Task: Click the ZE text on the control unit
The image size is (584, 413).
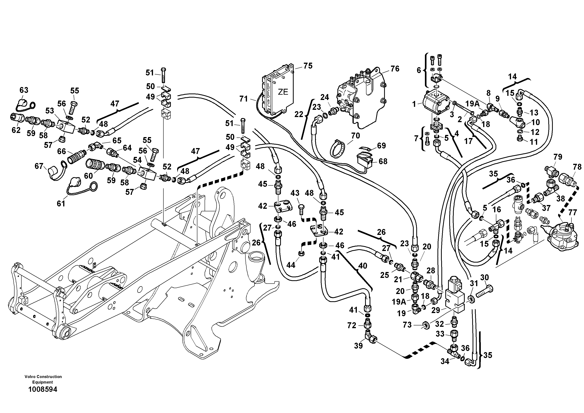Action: [283, 92]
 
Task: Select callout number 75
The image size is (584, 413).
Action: [308, 66]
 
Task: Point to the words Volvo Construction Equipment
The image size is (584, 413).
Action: [43, 379]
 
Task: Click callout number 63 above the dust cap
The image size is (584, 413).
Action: [24, 90]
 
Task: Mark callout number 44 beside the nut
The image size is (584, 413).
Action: [291, 265]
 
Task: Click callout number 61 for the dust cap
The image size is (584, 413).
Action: [61, 204]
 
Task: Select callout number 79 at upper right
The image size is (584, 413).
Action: [558, 157]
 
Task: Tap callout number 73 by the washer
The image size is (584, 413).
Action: [407, 325]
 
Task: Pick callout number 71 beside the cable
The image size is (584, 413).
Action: [244, 99]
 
